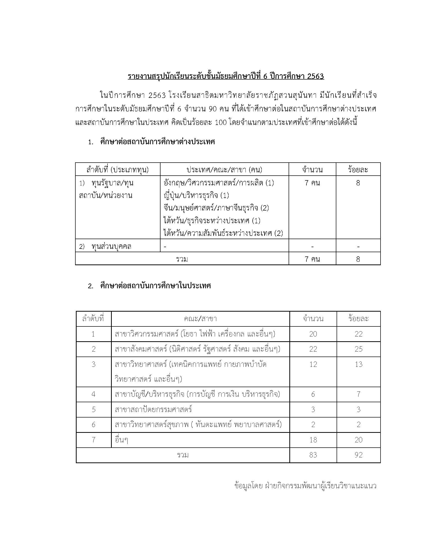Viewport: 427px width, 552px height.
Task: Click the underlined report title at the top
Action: (x=226, y=76)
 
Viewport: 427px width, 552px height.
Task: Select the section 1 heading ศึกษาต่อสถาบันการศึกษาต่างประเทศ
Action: (x=157, y=142)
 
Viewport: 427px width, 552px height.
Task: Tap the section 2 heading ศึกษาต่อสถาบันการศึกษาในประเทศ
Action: (x=155, y=286)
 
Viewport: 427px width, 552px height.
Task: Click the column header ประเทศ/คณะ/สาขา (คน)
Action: (x=224, y=170)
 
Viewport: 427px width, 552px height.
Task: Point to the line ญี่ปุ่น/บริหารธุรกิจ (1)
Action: (x=196, y=195)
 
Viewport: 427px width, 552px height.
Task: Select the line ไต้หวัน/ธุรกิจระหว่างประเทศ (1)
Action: (x=212, y=221)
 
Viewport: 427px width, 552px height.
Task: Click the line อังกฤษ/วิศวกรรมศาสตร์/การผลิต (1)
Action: (x=219, y=183)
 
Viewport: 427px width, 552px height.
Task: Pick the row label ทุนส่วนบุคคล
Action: (x=112, y=246)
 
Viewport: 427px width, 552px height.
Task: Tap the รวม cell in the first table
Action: (x=182, y=259)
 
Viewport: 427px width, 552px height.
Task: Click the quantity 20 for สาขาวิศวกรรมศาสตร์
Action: (x=313, y=334)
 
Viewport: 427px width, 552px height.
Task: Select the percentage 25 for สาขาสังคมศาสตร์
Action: (x=358, y=349)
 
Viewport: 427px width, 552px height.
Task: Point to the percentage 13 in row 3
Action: (x=358, y=365)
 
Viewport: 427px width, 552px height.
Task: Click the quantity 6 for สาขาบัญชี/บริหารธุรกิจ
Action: (x=313, y=394)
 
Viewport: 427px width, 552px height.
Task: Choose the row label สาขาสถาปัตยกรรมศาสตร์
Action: (x=153, y=409)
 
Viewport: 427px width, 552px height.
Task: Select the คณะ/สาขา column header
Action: (x=200, y=319)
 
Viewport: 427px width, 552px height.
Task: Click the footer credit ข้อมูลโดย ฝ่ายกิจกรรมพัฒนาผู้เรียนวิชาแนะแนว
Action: (x=306, y=486)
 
